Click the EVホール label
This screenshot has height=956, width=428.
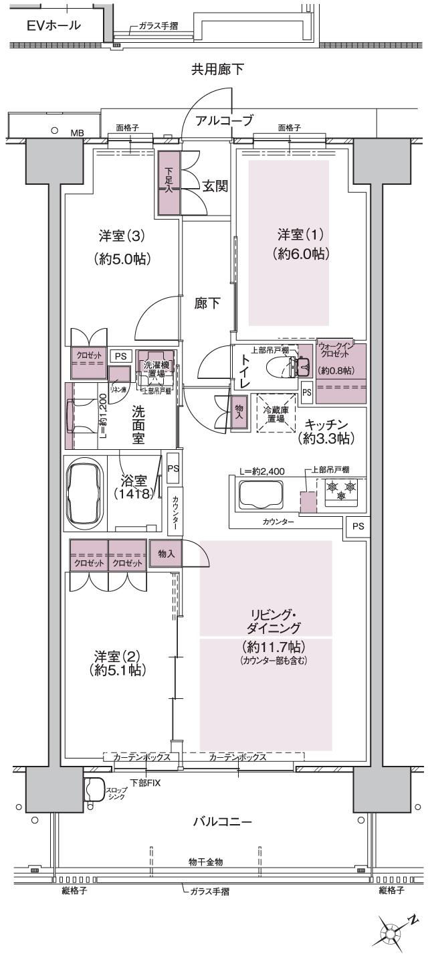(x=53, y=26)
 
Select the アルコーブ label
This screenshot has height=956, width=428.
(x=224, y=121)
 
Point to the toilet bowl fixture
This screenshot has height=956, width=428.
(x=284, y=367)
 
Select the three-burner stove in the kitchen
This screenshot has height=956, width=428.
(x=339, y=491)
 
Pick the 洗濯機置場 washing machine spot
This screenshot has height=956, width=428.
(x=156, y=368)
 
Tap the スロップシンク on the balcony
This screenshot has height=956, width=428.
(x=94, y=790)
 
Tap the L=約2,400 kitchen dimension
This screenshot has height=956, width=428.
(x=263, y=471)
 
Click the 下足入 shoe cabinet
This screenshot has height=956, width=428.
(x=169, y=182)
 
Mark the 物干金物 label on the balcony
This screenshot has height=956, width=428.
(x=207, y=860)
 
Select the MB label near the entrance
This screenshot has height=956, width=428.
(x=77, y=133)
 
